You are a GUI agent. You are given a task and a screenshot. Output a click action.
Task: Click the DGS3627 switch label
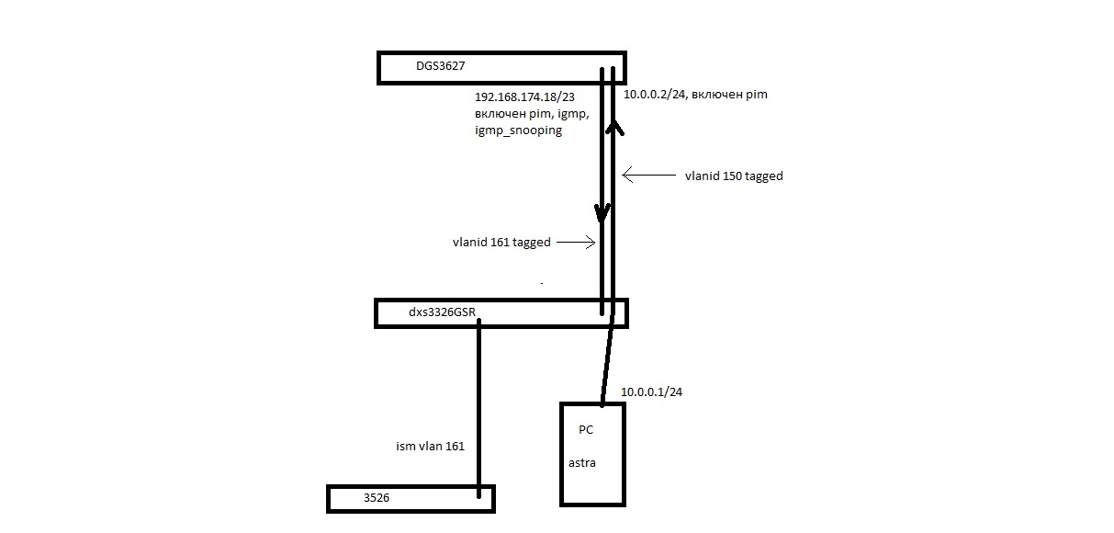pyautogui.click(x=437, y=67)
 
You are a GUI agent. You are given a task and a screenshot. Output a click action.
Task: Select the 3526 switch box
pyautogui.click(x=411, y=498)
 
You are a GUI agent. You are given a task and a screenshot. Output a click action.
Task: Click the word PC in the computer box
pyautogui.click(x=586, y=429)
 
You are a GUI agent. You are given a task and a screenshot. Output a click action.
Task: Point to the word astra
pyautogui.click(x=581, y=462)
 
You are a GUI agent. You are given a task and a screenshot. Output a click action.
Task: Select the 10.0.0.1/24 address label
pyautogui.click(x=651, y=392)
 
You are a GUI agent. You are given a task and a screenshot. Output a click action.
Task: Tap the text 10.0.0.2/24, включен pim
pyautogui.click(x=695, y=95)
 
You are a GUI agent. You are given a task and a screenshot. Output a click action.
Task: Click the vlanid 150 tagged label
pyautogui.click(x=734, y=176)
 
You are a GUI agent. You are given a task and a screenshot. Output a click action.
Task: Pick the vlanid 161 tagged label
pyautogui.click(x=501, y=243)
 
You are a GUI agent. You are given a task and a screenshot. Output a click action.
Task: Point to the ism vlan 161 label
pyautogui.click(x=430, y=447)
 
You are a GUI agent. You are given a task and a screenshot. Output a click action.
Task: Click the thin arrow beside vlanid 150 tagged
pyautogui.click(x=650, y=174)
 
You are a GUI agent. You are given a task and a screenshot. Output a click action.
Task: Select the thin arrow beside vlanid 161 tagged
pyautogui.click(x=576, y=243)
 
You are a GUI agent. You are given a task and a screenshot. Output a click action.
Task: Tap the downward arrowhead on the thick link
pyautogui.click(x=602, y=213)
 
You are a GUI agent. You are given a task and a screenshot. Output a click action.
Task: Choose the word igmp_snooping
pyautogui.click(x=518, y=130)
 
